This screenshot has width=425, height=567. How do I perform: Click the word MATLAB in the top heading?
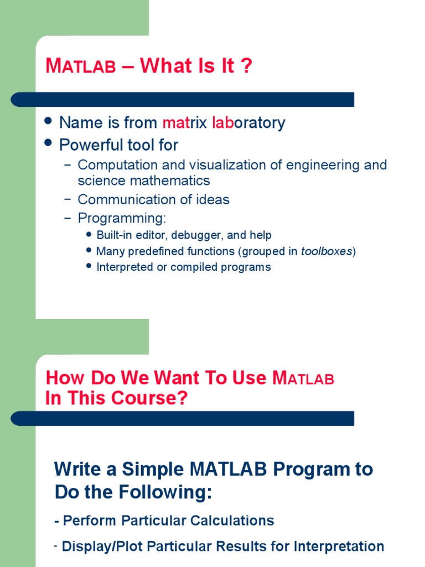click(x=81, y=66)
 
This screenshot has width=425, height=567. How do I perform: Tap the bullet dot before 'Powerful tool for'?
click(x=48, y=143)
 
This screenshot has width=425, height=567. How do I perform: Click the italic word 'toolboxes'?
click(x=326, y=251)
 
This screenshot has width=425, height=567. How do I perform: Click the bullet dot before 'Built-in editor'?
click(x=90, y=234)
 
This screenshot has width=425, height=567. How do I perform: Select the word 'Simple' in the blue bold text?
click(x=153, y=469)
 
